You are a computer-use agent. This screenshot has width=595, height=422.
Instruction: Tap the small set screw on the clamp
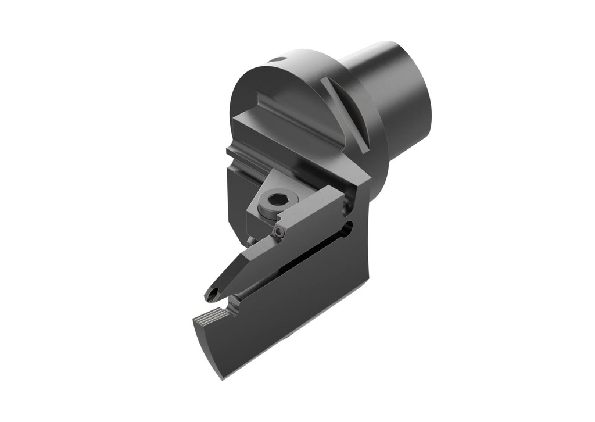[280, 233]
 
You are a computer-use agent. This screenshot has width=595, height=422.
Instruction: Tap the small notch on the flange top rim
[278, 60]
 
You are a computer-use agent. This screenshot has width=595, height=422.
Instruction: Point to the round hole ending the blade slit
[347, 228]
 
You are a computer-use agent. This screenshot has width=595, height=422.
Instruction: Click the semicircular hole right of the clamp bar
[349, 203]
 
